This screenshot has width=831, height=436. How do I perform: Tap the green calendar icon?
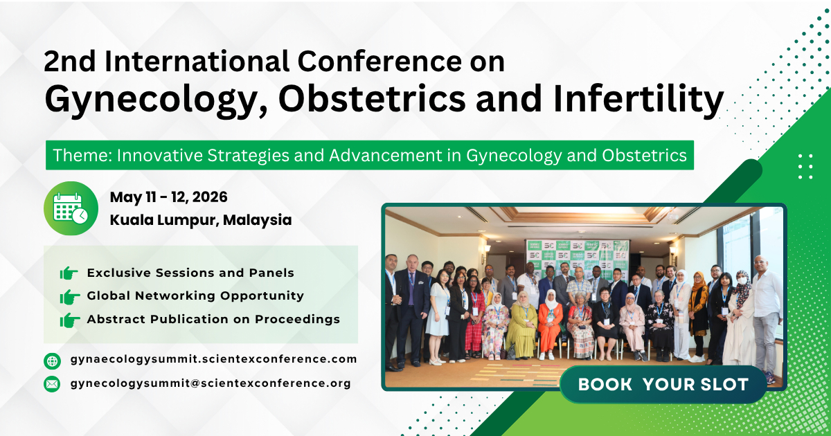click(71, 208)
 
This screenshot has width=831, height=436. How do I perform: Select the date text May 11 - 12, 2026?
click(168, 197)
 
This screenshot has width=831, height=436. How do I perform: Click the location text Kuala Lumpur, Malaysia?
click(201, 220)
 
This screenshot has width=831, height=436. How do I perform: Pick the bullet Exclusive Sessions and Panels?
click(190, 273)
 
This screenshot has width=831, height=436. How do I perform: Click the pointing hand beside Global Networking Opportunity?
click(69, 297)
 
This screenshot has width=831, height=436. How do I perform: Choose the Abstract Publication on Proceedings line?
click(213, 319)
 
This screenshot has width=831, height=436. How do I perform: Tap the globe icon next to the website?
click(52, 361)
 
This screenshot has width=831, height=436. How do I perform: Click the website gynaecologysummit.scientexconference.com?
click(213, 359)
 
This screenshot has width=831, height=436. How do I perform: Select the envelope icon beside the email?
click(52, 383)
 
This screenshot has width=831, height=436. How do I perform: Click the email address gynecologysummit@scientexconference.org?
click(211, 383)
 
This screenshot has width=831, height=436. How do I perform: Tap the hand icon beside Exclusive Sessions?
click(69, 273)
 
